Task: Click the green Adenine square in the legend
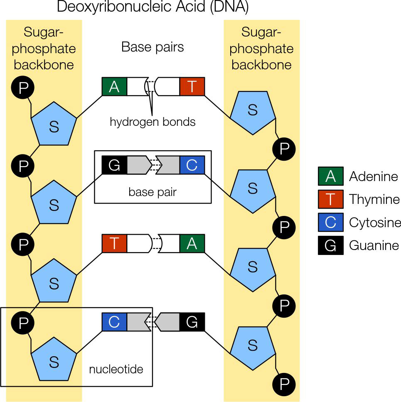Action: tap(330, 176)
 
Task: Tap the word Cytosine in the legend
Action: tap(375, 223)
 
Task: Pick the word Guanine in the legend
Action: tap(374, 245)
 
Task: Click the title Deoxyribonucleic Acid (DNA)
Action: tap(153, 7)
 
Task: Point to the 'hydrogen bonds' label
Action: tap(153, 122)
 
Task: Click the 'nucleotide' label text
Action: tap(116, 369)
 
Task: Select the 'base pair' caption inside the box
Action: tap(153, 192)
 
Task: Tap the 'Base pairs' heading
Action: tap(153, 47)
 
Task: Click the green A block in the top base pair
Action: tap(114, 87)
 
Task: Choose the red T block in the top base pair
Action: tap(192, 87)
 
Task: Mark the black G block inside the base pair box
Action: tap(114, 165)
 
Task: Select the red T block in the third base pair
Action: tap(114, 244)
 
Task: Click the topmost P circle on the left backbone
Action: tap(23, 88)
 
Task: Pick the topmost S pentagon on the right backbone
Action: tap(253, 111)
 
